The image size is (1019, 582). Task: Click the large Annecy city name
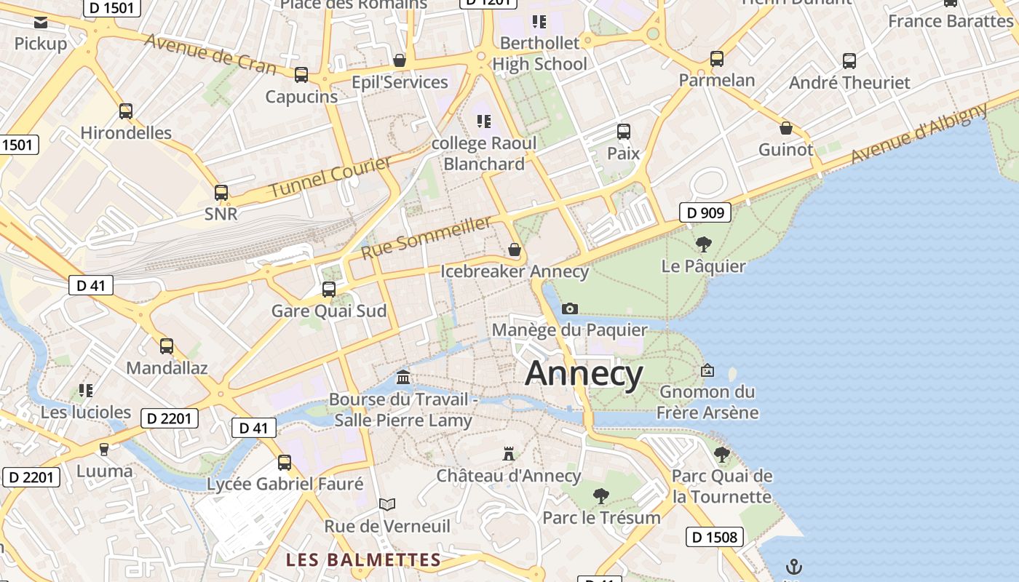pos(584,374)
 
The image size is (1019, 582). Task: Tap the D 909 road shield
pos(705,212)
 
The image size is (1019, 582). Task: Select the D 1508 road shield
pos(714,538)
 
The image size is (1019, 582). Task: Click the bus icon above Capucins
pos(301,75)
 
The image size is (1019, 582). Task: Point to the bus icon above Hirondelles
pos(126,111)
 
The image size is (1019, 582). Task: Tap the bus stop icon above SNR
pos(221,193)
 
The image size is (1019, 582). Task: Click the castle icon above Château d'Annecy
pos(509,454)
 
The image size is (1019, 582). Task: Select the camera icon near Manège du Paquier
pos(570,308)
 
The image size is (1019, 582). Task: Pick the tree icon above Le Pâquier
pos(703,244)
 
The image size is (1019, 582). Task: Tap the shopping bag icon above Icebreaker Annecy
pos(515,250)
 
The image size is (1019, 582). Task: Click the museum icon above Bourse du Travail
pos(403,377)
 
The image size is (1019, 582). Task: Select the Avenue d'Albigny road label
pos(919,134)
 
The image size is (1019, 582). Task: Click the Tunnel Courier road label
pos(331,177)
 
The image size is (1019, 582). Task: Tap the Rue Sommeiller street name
pos(427,237)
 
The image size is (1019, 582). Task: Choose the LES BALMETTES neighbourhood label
pos(363,559)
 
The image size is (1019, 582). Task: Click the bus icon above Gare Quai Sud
pos(329,290)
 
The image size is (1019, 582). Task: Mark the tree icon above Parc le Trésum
pos(601,496)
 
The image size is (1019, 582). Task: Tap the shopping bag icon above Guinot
pos(786,128)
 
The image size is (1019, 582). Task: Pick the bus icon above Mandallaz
pos(167,346)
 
